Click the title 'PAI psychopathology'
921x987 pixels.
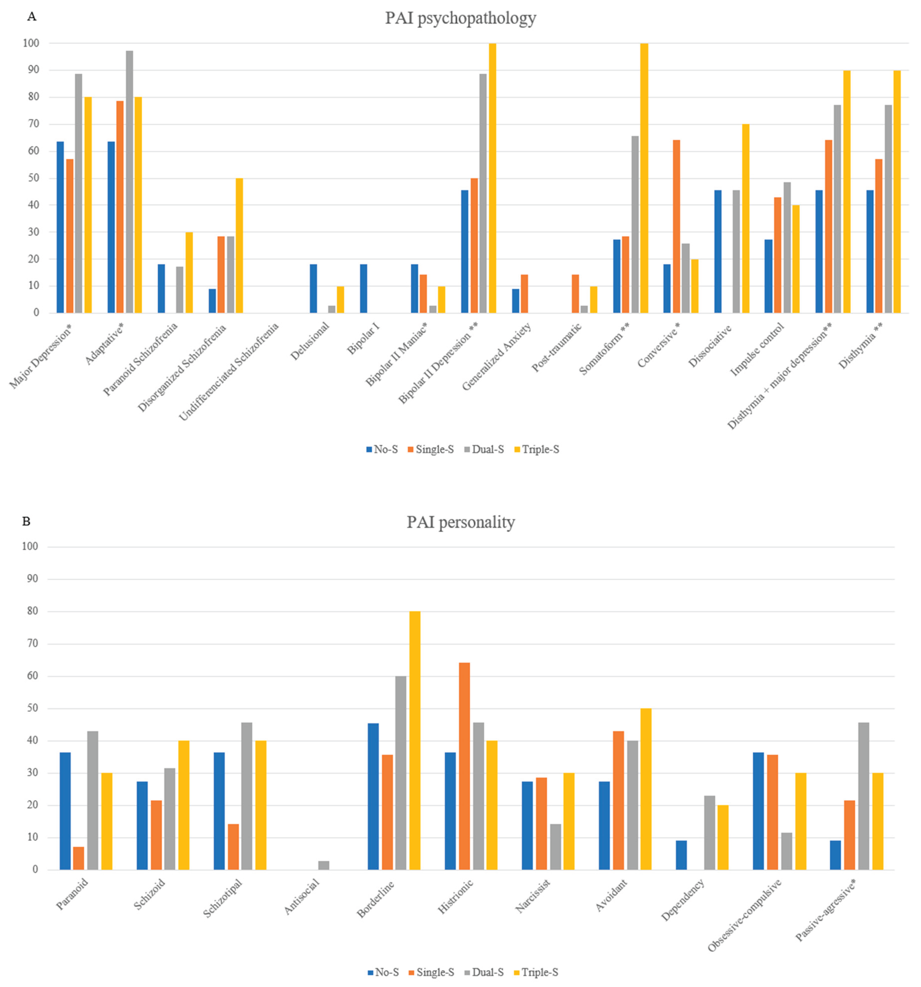coord(461,18)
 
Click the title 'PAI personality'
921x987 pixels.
coord(461,522)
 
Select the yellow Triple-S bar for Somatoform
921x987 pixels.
coord(644,179)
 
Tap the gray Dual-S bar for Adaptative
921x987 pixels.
coord(129,182)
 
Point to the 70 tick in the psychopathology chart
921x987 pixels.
coord(33,124)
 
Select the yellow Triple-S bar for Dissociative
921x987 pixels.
coord(745,218)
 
